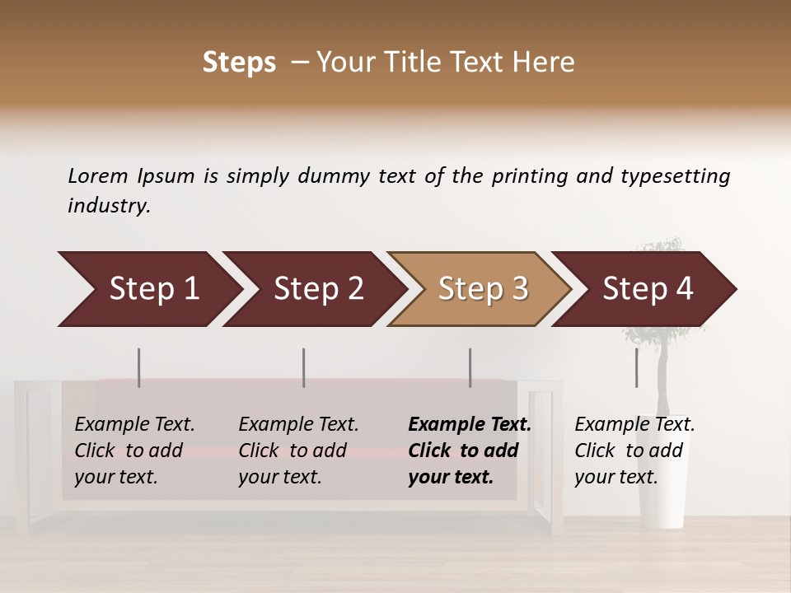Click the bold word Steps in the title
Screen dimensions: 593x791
tap(239, 63)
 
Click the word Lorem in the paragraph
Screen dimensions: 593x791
tap(98, 175)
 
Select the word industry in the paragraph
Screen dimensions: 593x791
tap(109, 205)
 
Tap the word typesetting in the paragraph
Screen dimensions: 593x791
tap(675, 175)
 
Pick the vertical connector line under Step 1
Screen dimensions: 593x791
tap(138, 367)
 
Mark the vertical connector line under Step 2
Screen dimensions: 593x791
tap(304, 367)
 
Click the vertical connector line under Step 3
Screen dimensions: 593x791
tap(470, 367)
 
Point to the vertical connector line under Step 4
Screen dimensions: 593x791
tap(636, 367)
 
